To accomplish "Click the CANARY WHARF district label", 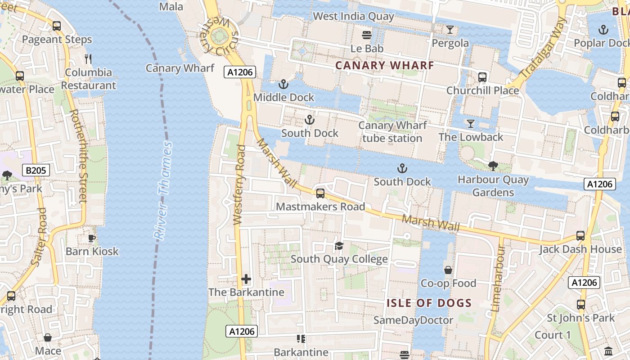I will (x=385, y=66).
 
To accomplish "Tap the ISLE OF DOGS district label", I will (x=429, y=303).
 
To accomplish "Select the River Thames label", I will (x=163, y=190).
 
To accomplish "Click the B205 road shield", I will (x=36, y=170).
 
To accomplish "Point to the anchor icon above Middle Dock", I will (x=283, y=84).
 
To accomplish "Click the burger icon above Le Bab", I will (x=367, y=35).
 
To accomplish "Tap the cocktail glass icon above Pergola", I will (x=450, y=30).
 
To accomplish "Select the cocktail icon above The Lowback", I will (x=471, y=124).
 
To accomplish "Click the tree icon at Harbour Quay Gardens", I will (x=493, y=166).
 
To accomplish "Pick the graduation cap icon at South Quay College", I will (x=339, y=246).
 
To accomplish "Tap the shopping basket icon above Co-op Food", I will (x=448, y=270).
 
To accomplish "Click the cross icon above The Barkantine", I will (x=246, y=279).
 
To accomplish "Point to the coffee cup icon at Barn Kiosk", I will (x=92, y=238).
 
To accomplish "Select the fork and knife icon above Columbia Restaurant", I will (x=88, y=59).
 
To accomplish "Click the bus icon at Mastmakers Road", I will (x=320, y=193).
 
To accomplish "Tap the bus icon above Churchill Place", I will (x=482, y=77).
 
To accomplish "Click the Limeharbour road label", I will (x=499, y=278).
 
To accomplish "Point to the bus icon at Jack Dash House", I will (x=580, y=236).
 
